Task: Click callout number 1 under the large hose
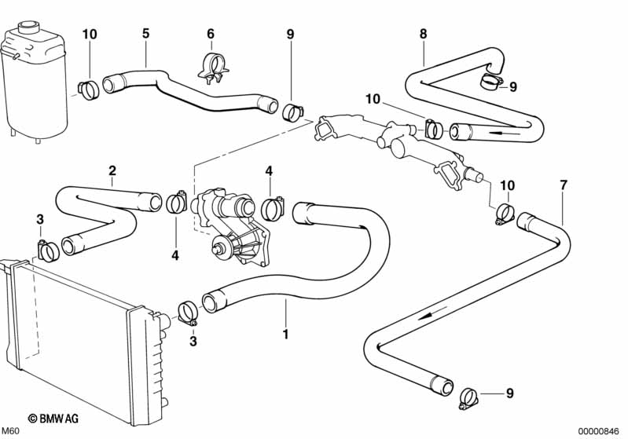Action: pos(285,334)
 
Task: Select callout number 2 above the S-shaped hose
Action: pos(112,170)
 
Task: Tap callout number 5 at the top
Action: pos(145,33)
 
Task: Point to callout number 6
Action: pos(210,33)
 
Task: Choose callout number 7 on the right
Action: pos(563,185)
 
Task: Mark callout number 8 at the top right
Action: pos(423,33)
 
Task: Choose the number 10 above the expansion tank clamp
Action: pos(90,33)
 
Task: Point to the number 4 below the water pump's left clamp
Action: pos(175,254)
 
